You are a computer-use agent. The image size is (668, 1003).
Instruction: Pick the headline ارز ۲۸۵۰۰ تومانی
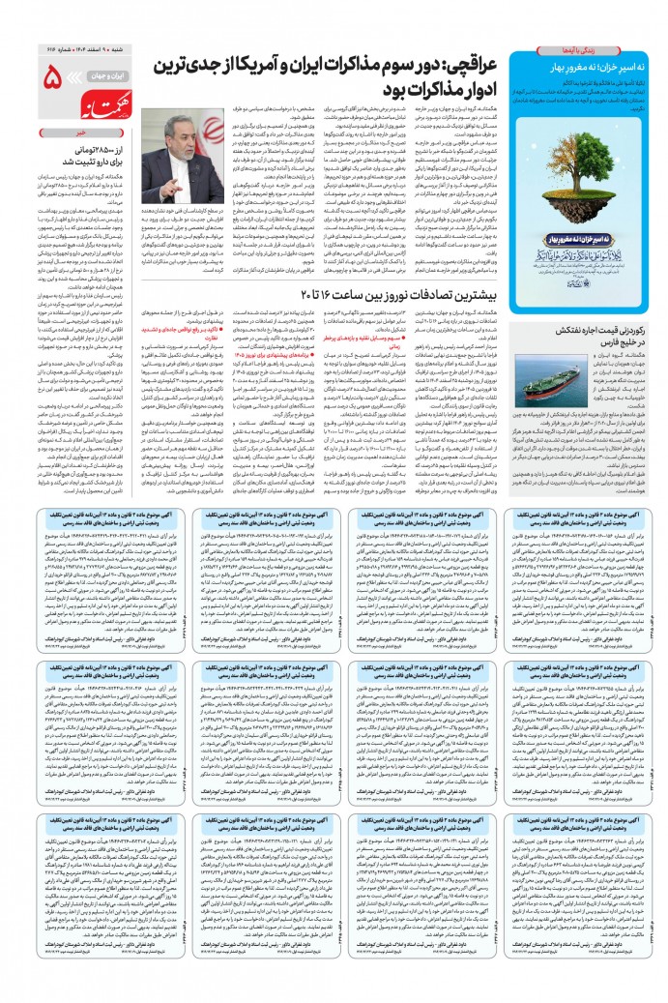click(x=83, y=142)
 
